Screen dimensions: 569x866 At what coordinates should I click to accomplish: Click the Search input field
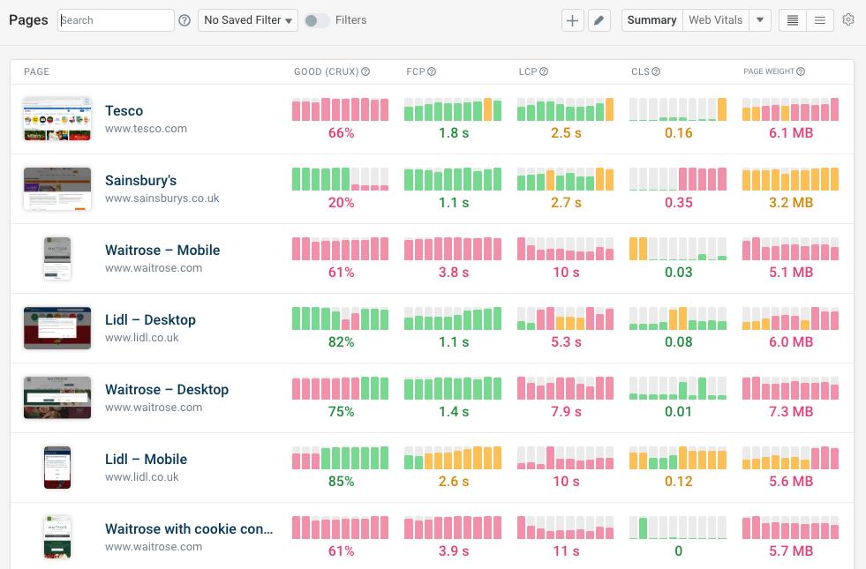[116, 20]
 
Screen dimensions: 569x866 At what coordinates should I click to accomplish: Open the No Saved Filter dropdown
[248, 20]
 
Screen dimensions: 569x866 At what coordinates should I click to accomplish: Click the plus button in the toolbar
[573, 20]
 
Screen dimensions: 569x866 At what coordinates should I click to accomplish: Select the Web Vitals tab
[715, 20]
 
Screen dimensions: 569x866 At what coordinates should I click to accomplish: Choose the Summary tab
[651, 20]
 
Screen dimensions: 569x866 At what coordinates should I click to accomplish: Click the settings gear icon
[848, 20]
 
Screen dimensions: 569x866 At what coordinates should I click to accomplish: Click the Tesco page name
[124, 110]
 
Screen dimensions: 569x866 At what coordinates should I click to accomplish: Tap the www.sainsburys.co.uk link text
[162, 198]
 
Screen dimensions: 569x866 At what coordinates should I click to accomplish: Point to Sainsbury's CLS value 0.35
[678, 203]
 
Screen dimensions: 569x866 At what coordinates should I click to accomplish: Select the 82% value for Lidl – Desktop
[341, 342]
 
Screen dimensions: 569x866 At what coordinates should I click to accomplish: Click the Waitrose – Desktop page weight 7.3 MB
[790, 412]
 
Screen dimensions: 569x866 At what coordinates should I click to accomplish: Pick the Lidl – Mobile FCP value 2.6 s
[453, 482]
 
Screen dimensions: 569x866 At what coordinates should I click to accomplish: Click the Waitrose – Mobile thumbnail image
[57, 258]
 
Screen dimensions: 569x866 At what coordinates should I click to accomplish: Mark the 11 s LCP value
[566, 551]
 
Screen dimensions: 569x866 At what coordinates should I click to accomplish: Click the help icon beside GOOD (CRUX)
[365, 71]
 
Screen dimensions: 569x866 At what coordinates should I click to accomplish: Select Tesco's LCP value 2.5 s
[566, 133]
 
